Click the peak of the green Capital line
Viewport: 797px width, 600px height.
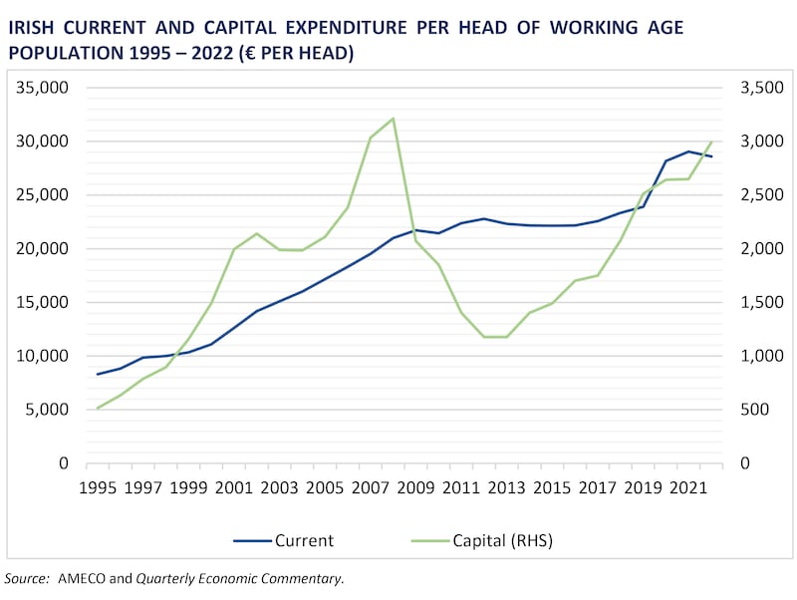tap(394, 119)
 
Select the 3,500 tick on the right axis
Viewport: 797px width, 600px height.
tap(760, 88)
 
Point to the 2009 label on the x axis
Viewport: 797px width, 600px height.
tap(415, 487)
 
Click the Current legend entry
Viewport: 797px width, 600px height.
tap(283, 541)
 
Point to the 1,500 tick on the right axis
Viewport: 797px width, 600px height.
tap(760, 303)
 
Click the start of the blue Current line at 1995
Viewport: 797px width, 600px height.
tap(98, 374)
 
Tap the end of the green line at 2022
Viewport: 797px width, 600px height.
tap(712, 142)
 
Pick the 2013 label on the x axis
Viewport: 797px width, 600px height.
tap(507, 487)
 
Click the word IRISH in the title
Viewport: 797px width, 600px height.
tap(33, 28)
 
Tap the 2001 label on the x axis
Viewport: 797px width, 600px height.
tap(233, 487)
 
